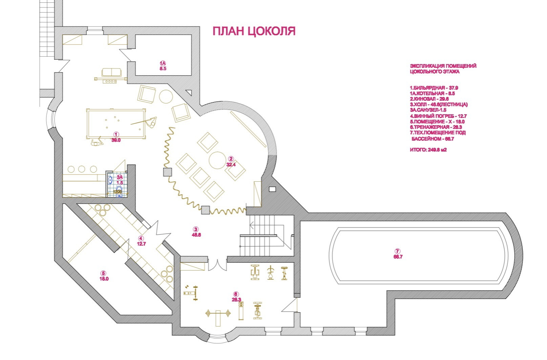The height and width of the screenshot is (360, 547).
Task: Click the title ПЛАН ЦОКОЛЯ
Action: pyautogui.click(x=254, y=31)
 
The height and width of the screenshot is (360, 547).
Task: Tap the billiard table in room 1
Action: pyautogui.click(x=116, y=123)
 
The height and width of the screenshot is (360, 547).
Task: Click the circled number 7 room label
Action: pyautogui.click(x=398, y=251)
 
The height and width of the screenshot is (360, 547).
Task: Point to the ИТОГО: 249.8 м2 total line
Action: pyautogui.click(x=428, y=149)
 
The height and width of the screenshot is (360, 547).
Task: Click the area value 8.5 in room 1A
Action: pyautogui.click(x=163, y=68)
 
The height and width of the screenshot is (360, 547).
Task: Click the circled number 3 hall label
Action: pyautogui.click(x=196, y=229)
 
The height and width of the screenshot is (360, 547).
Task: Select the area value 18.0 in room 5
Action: pyautogui.click(x=104, y=279)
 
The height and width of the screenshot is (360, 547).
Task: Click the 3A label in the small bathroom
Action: pyautogui.click(x=120, y=177)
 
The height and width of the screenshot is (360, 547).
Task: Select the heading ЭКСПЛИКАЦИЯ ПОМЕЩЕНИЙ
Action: pyautogui.click(x=443, y=66)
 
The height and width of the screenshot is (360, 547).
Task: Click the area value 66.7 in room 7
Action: pyautogui.click(x=398, y=257)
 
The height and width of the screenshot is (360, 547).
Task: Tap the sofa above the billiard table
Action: pyautogui.click(x=111, y=72)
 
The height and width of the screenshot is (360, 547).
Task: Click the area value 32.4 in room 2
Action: pyautogui.click(x=231, y=165)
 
